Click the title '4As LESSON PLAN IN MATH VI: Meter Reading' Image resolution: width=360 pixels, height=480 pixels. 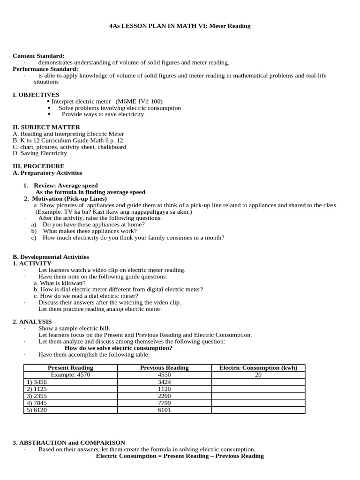click(180, 26)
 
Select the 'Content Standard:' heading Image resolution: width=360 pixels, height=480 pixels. click(38, 56)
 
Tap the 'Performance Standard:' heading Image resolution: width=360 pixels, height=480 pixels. click(45, 69)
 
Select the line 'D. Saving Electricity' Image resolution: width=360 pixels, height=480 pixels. click(40, 153)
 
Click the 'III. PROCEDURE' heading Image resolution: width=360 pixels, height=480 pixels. click(38, 166)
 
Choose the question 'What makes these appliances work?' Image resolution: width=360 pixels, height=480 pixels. click(90, 231)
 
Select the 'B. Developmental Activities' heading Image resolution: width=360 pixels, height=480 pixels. click(51, 257)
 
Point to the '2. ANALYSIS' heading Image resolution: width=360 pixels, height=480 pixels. click(32, 322)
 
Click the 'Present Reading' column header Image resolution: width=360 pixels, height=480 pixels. click(70, 367)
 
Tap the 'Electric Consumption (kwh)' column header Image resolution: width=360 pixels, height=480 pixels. click(258, 367)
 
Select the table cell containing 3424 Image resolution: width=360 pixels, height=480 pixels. click(164, 382)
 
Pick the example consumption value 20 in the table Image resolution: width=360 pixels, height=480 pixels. click(258, 375)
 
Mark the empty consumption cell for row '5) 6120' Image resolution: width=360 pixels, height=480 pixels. click(258, 410)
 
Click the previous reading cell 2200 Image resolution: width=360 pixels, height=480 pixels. click(164, 396)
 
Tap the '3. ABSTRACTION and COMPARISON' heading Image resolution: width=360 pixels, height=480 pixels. click(69, 442)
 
